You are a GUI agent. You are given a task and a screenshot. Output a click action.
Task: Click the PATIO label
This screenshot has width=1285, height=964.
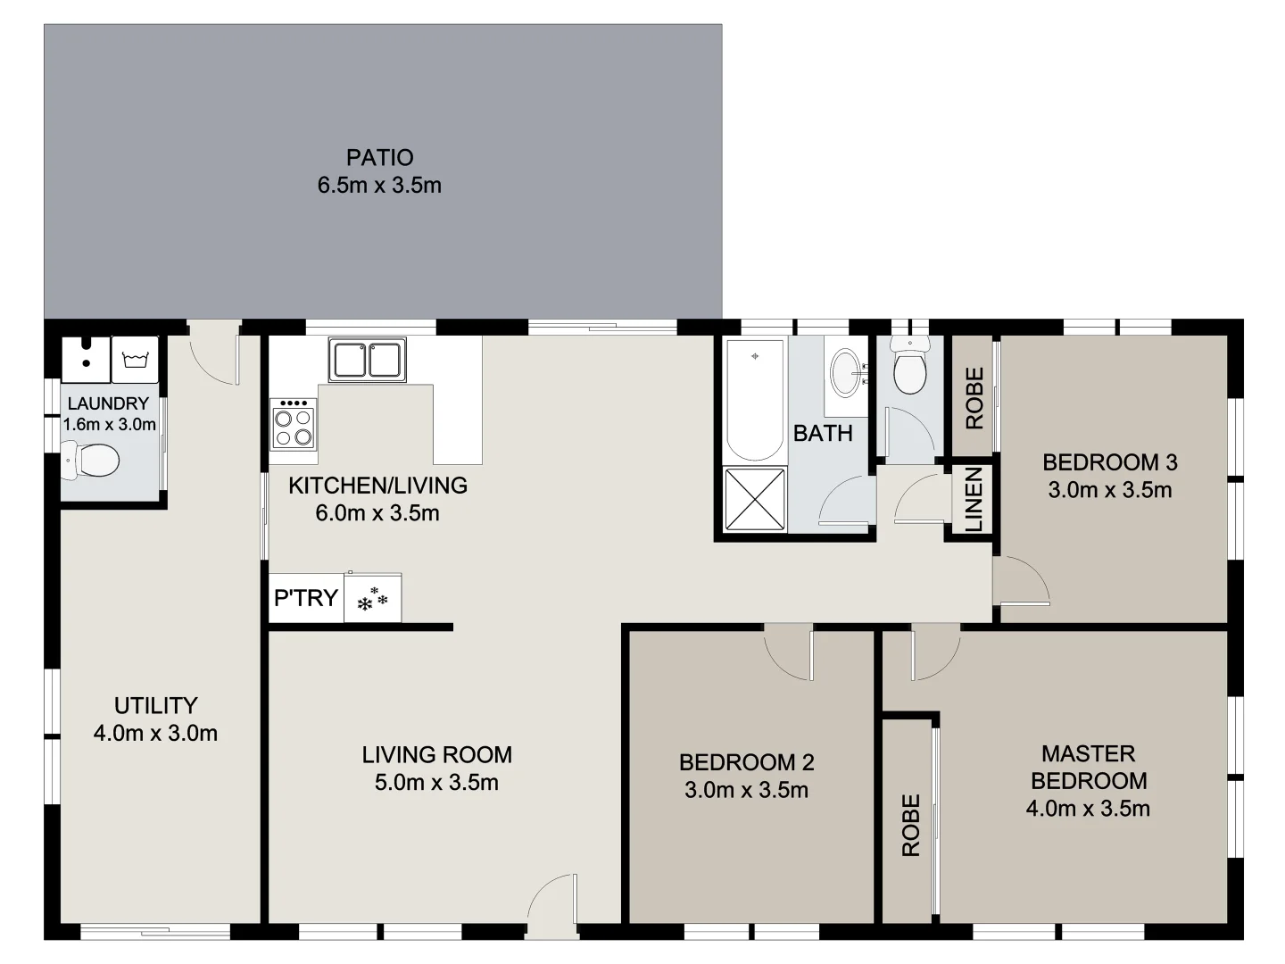[x=379, y=157]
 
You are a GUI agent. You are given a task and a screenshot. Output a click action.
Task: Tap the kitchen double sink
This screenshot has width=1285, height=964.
[x=367, y=359]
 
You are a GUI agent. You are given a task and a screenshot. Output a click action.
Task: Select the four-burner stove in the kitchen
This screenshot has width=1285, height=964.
[x=294, y=424]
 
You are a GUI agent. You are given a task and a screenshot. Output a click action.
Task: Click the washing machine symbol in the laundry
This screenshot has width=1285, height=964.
[x=135, y=360]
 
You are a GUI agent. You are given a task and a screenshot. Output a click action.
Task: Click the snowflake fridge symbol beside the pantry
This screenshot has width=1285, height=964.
[x=373, y=599]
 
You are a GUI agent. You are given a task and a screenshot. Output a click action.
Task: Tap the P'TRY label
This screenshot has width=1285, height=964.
[x=305, y=597]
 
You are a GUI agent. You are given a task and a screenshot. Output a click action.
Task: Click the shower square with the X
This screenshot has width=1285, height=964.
[x=755, y=499]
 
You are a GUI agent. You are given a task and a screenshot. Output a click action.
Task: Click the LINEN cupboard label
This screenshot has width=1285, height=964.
[x=974, y=500]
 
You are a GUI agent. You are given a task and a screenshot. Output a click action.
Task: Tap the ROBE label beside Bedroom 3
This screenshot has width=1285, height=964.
[x=974, y=398]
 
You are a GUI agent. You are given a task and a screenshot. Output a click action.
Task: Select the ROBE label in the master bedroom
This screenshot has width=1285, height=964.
[x=910, y=826]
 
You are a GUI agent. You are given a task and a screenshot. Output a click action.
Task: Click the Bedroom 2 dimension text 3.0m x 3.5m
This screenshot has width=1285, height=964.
[x=746, y=790]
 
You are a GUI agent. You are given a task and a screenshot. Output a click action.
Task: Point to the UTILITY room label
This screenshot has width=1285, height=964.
[x=155, y=705]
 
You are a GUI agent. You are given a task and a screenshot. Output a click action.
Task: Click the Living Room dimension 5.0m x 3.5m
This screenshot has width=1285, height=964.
[x=436, y=783]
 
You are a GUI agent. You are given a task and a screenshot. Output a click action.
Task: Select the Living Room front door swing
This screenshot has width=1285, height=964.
[x=550, y=902]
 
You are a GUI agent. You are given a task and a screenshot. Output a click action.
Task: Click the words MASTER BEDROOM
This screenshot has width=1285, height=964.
[x=1089, y=767]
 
